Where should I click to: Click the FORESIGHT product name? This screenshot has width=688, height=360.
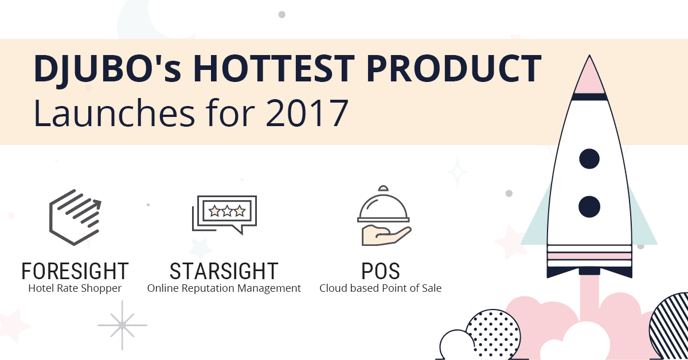click(75, 271)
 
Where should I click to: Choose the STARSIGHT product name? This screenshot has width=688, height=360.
click(224, 271)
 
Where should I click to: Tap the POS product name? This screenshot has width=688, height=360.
click(381, 271)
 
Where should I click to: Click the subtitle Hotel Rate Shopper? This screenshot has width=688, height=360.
click(75, 288)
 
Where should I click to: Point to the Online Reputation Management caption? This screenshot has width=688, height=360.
click(224, 288)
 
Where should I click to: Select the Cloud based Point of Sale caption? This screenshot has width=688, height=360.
click(381, 288)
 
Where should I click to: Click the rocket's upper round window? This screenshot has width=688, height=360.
click(589, 159)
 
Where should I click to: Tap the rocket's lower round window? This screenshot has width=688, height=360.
click(589, 206)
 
